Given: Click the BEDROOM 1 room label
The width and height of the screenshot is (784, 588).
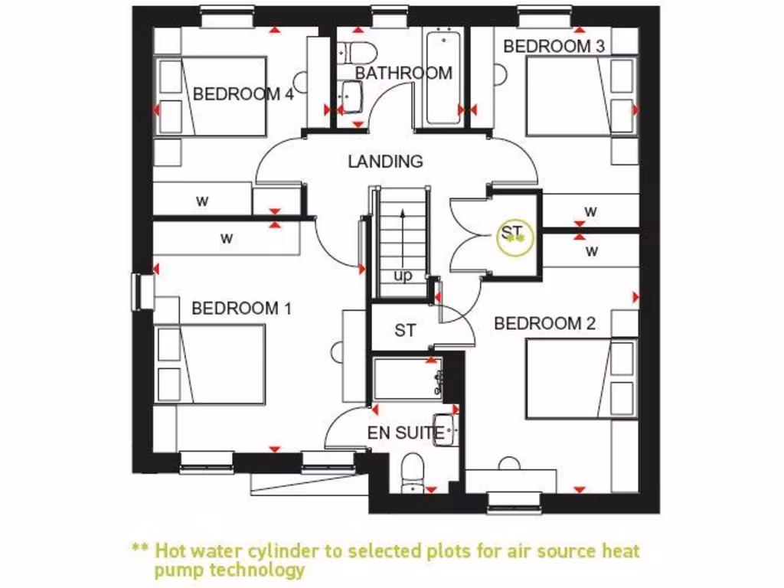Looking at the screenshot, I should [241, 309].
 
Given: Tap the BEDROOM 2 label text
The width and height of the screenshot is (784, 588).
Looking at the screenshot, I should [544, 324].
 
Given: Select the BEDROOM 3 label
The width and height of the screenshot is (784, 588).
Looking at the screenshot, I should [554, 46].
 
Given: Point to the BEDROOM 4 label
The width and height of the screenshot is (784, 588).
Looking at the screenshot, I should [243, 94].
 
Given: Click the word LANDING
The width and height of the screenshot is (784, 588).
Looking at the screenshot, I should [385, 162].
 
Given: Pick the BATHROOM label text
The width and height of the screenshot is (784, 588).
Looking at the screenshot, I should [403, 73].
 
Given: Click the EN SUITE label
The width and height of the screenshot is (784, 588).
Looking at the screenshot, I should [405, 433].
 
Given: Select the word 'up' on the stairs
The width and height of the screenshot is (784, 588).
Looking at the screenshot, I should [403, 275].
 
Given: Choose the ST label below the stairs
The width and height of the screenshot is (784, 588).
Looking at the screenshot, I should [405, 331].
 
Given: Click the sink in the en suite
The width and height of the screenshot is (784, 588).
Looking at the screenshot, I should [446, 430].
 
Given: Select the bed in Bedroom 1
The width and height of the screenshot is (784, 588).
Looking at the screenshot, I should [211, 363].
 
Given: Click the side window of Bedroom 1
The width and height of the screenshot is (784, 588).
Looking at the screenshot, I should [142, 292].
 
